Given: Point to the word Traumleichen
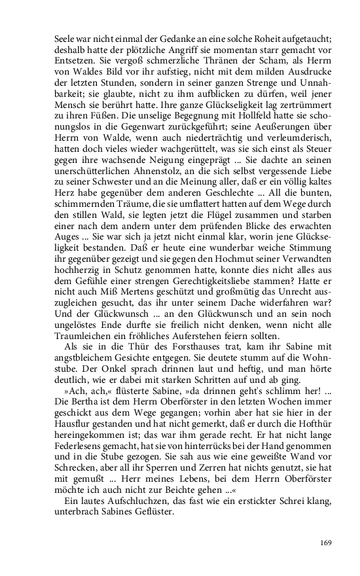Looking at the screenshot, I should tap(82, 336).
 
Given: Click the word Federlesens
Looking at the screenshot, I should tap(79, 442).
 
